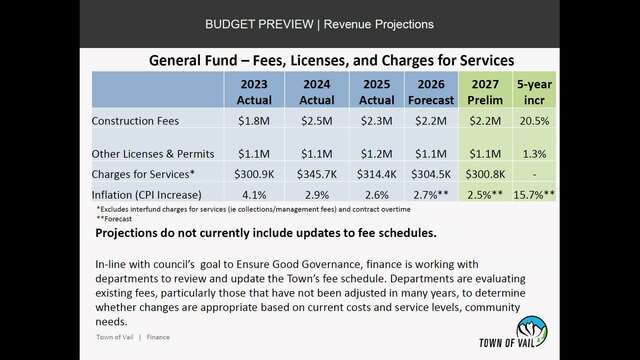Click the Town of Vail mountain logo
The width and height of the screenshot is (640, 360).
pos(531,331)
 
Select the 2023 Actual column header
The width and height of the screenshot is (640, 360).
pos(254,92)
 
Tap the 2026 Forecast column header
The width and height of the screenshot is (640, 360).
pos(431,92)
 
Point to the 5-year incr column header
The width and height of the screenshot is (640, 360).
pos(534,92)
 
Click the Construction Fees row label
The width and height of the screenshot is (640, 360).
pos(135,121)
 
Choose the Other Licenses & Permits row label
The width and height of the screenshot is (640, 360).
pos(153,154)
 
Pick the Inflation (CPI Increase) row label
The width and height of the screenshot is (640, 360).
pos(147,195)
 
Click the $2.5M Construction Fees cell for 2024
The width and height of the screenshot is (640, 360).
pos(317,121)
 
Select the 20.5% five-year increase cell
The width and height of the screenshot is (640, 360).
pos(534,121)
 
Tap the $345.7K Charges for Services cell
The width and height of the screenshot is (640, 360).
pos(317,174)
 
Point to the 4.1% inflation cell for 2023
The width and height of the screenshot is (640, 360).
pos(254,195)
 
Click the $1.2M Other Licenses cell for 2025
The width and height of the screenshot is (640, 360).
pos(376,154)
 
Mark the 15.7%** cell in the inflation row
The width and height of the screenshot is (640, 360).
pos(534,195)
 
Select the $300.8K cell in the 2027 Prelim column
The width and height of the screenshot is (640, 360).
pos(485,174)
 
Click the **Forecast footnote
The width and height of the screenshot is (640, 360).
pos(114,219)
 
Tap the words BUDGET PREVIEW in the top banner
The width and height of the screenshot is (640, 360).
pos(259,24)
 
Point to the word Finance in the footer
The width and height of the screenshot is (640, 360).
pos(158,337)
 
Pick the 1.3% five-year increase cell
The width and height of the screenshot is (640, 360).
pos(534,154)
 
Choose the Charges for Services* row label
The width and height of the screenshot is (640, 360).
pos(143,174)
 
